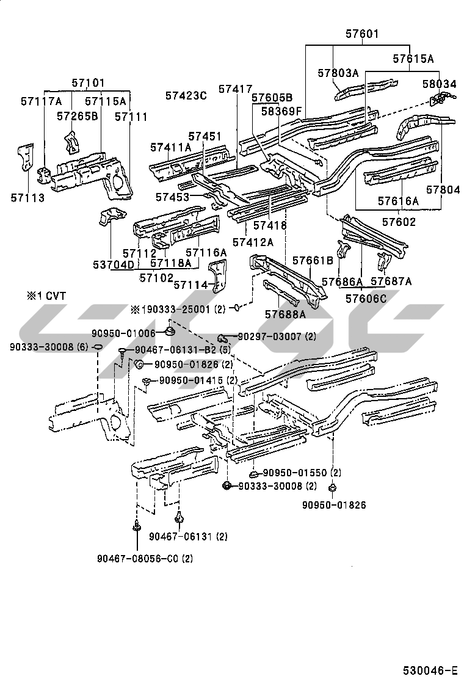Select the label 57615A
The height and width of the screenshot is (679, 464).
pos(413,59)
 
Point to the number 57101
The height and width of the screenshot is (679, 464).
pos(88,82)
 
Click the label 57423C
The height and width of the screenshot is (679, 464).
pos(186,95)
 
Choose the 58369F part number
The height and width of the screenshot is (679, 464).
pos(281,111)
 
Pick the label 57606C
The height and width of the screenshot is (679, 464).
pos(366,299)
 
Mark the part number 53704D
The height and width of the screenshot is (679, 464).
pos(114,264)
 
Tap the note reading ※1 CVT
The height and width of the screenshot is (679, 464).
pos(46,296)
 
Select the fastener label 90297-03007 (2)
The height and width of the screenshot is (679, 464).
pos(277,336)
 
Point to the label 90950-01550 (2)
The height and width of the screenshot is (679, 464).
pos(302,473)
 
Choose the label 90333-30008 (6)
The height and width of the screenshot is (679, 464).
pos(49,346)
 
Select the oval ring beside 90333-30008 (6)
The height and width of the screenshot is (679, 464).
pos(97,347)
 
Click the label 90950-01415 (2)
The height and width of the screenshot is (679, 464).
pos(198,380)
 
